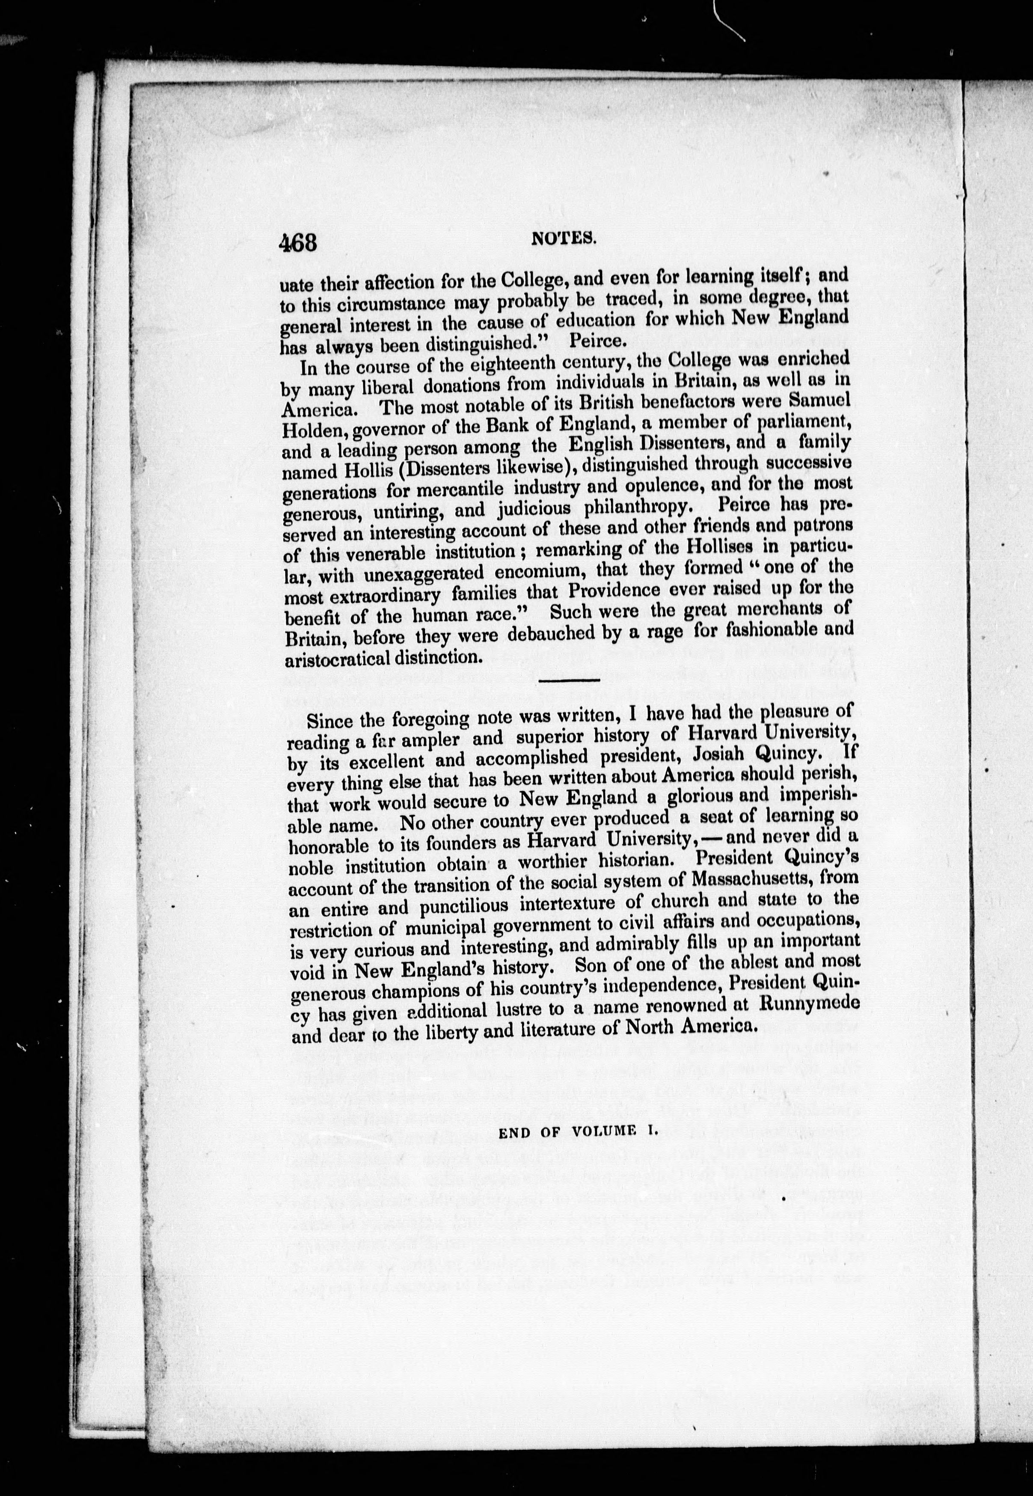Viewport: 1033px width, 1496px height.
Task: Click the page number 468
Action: click(298, 243)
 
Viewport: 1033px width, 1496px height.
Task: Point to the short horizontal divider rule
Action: click(570, 680)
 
